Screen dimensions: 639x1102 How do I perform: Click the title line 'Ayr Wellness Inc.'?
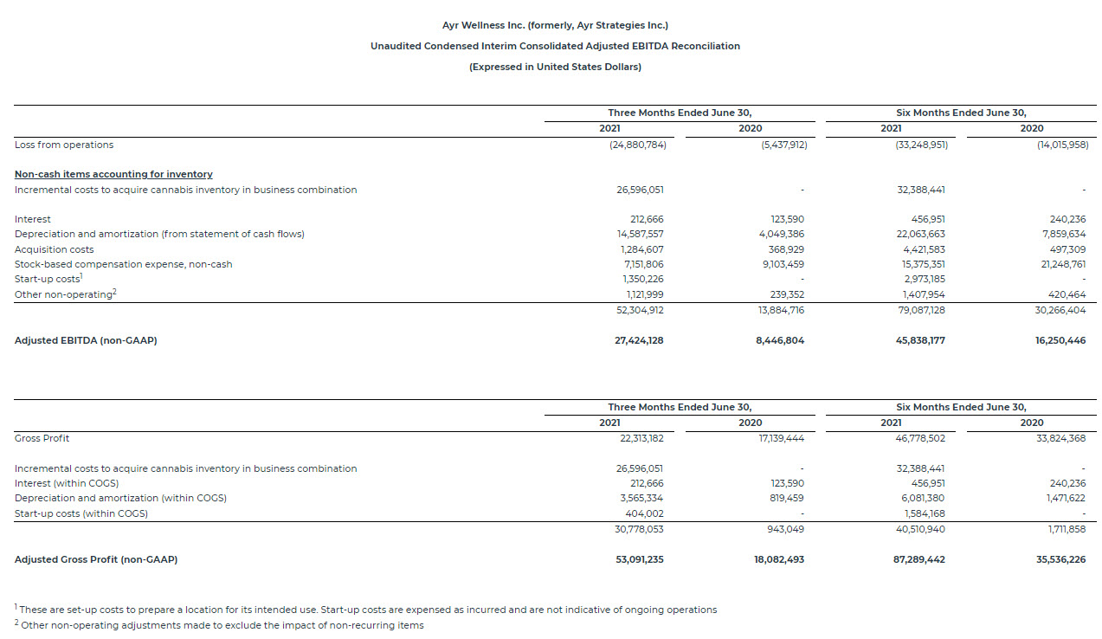pyautogui.click(x=555, y=26)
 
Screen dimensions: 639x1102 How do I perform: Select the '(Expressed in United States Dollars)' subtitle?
pyautogui.click(x=555, y=67)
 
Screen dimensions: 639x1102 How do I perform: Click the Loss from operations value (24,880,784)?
pyautogui.click(x=637, y=145)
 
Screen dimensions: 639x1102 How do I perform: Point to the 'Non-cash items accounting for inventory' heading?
pyautogui.click(x=113, y=174)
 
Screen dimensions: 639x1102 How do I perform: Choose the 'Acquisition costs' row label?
pyautogui.click(x=55, y=249)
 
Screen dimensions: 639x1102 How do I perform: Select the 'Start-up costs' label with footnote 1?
pyautogui.click(x=48, y=279)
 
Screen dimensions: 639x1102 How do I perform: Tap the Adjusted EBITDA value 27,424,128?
pyautogui.click(x=639, y=340)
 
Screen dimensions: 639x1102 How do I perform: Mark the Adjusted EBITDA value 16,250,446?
pyautogui.click(x=1060, y=340)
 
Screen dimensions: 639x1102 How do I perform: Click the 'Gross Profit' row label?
pyautogui.click(x=42, y=438)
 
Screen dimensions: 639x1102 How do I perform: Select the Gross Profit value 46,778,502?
pyautogui.click(x=919, y=438)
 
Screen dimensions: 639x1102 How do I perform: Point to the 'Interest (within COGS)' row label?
pyautogui.click(x=67, y=483)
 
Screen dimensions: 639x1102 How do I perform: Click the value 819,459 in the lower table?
pyautogui.click(x=782, y=498)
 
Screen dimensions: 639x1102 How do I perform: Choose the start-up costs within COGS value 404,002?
pyautogui.click(x=642, y=513)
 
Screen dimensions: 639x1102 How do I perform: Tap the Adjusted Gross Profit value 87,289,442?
pyautogui.click(x=919, y=559)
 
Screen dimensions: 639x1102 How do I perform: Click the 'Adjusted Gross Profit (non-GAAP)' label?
pyautogui.click(x=96, y=559)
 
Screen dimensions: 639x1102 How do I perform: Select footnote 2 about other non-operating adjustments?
pyautogui.click(x=222, y=625)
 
